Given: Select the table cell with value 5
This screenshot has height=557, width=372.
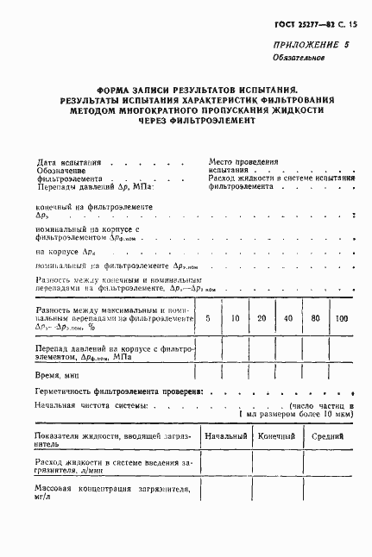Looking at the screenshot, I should click(x=208, y=318).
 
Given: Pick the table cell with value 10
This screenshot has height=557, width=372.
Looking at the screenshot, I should click(x=235, y=318).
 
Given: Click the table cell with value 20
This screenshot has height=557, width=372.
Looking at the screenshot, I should click(x=262, y=318).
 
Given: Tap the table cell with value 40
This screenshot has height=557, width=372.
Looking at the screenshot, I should click(x=288, y=318).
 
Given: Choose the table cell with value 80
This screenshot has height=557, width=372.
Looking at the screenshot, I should click(x=315, y=318).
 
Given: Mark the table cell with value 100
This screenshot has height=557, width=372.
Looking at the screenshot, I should click(x=341, y=318).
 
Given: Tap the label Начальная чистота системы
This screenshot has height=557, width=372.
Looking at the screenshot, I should click(x=91, y=404).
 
